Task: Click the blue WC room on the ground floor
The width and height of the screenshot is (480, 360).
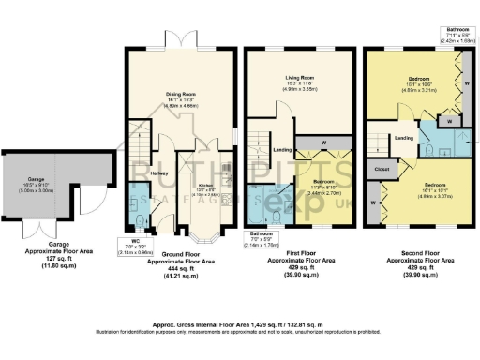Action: click(x=139, y=204)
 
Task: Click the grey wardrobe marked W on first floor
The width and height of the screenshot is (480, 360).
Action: click(x=322, y=143)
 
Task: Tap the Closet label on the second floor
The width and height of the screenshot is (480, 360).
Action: click(x=380, y=170)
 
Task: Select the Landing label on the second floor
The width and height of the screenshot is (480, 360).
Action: click(x=404, y=139)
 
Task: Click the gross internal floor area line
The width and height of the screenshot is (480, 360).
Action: click(x=240, y=321)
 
